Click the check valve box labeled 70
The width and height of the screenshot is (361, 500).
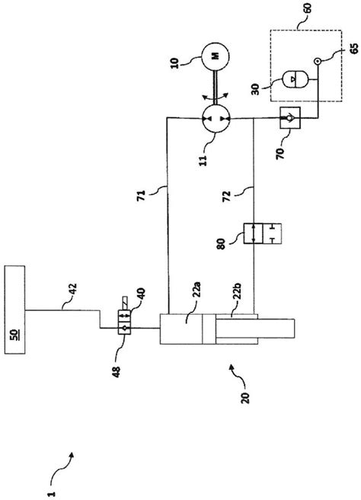tap(290, 119)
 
